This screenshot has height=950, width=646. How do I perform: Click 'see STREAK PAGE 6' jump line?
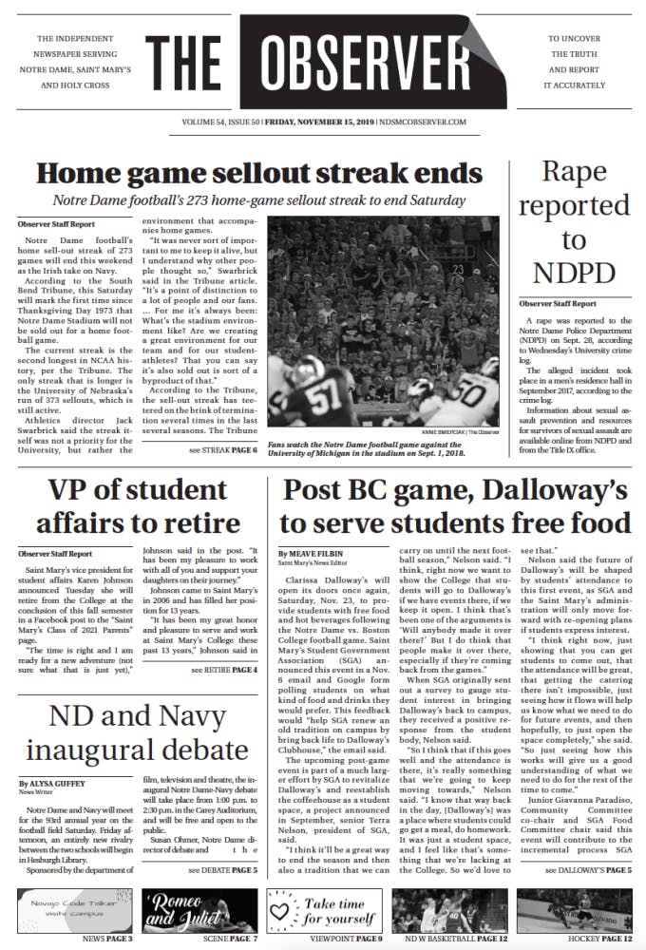223,448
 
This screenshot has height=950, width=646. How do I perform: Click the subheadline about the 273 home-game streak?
258,200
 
